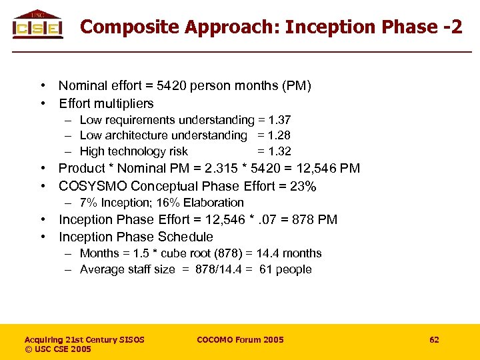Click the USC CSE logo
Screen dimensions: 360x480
(37, 25)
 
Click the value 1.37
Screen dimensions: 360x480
(279, 120)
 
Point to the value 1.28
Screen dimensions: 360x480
(279, 135)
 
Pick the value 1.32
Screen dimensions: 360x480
(279, 151)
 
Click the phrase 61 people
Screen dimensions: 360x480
(285, 269)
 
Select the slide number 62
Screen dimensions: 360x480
(434, 340)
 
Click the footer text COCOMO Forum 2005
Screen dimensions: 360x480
(240, 340)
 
